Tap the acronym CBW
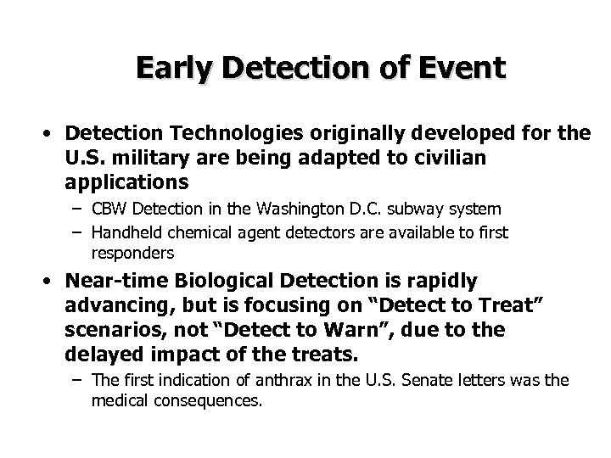coord(107,209)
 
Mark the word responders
coord(132,253)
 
